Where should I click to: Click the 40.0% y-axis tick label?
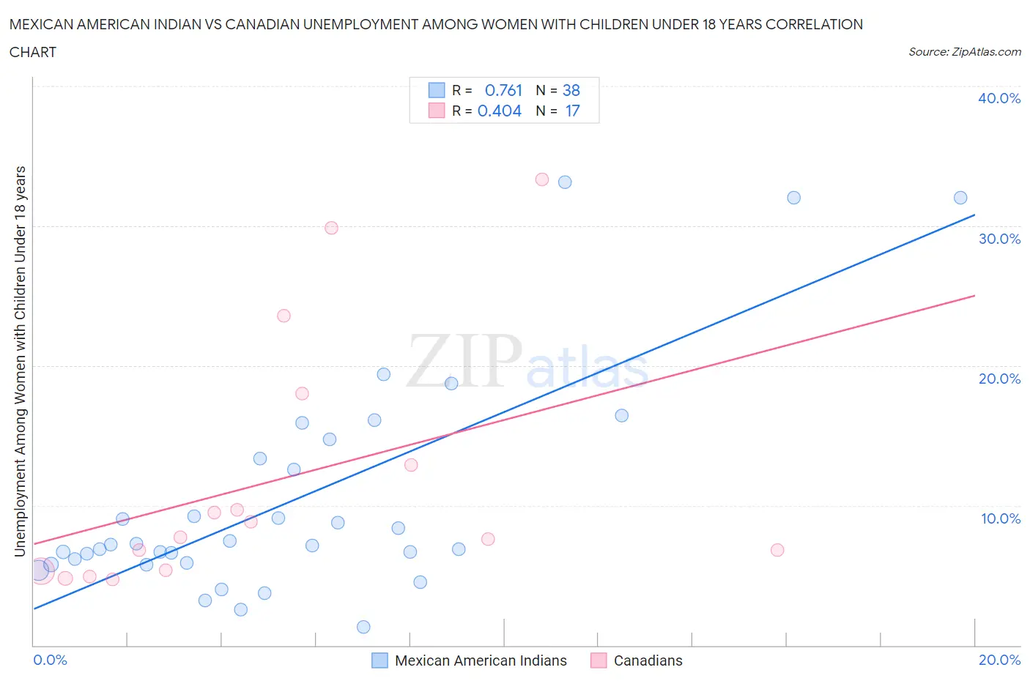click(x=999, y=98)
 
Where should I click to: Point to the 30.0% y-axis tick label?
click(x=999, y=239)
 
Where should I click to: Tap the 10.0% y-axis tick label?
click(x=1001, y=518)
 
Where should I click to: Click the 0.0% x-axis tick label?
click(x=50, y=660)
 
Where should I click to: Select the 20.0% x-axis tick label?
click(x=999, y=660)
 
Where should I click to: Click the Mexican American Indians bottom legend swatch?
click(x=379, y=660)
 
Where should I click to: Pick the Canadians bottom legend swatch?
click(x=599, y=660)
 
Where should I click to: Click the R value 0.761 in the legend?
click(x=503, y=90)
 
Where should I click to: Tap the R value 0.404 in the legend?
click(x=500, y=111)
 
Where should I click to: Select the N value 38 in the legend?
click(x=571, y=90)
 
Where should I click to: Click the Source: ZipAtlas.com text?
click(x=964, y=52)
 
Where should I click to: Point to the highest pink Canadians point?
click(x=542, y=179)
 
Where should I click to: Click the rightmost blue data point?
click(x=960, y=198)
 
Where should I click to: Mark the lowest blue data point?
click(x=363, y=627)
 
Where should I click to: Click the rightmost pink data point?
click(x=777, y=550)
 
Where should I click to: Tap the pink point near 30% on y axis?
click(x=331, y=228)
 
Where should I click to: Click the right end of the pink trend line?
click(x=974, y=296)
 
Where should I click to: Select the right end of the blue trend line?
click(x=974, y=215)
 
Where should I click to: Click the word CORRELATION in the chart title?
click(x=814, y=24)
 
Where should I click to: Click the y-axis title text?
click(x=20, y=361)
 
